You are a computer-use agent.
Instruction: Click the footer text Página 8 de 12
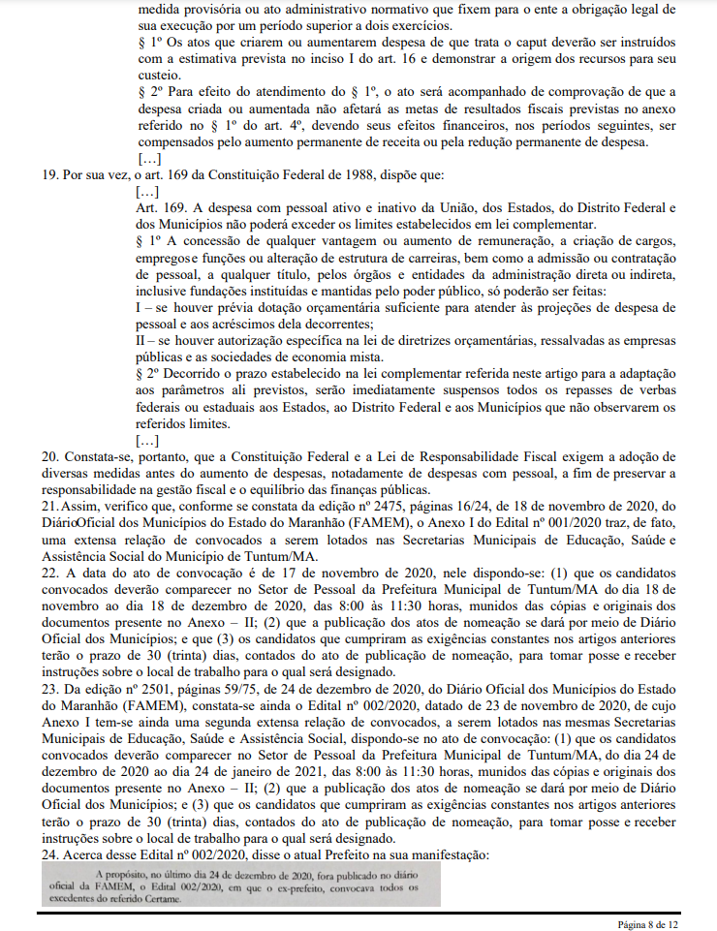pos(648,924)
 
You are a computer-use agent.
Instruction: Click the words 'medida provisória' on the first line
pos(185,7)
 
